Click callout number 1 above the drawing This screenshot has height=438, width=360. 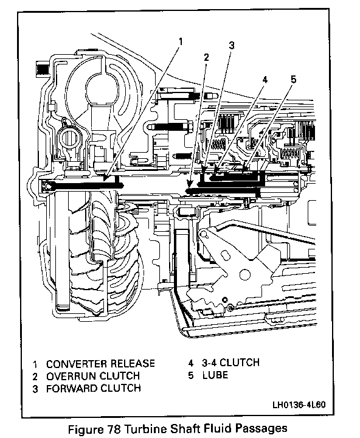coord(181,41)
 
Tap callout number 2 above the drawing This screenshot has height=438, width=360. coord(206,57)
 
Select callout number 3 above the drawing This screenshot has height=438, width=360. coord(232,45)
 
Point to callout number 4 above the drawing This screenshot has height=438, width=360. coord(265,80)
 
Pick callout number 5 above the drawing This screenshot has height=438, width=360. coord(293,79)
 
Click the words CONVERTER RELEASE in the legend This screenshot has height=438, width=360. coord(100,364)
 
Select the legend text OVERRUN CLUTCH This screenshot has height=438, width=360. coord(93,376)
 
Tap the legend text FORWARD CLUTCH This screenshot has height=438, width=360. coord(93,388)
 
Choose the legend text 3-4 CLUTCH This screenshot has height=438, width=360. coord(230,363)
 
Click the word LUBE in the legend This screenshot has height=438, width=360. coord(215,375)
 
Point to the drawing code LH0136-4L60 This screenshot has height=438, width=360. coord(299,405)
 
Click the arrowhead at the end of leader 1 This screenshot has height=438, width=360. coord(106,178)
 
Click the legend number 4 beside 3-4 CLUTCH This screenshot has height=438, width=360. coord(191,363)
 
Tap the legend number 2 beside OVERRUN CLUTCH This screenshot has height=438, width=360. coord(35,377)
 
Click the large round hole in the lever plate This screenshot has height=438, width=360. coord(245,274)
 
